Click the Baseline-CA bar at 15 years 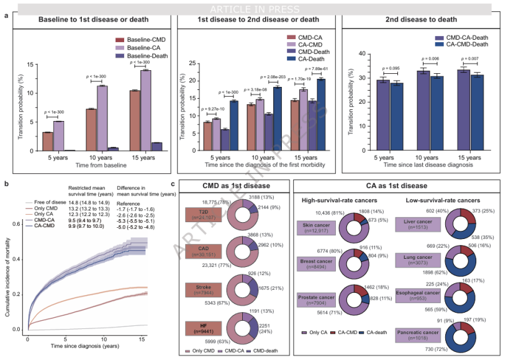(146, 110)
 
